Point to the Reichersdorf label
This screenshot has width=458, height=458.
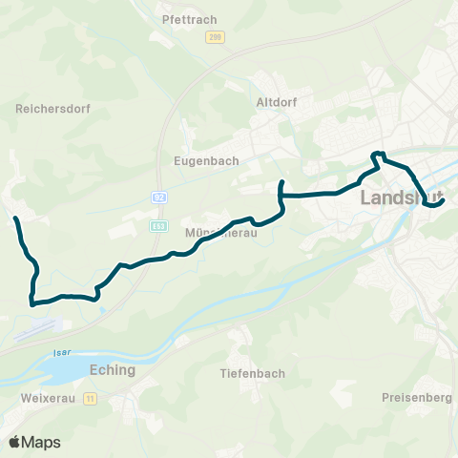pyautogui.click(x=53, y=109)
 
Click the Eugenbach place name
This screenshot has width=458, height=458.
pyautogui.click(x=198, y=161)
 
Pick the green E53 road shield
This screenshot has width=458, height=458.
pyautogui.click(x=158, y=226)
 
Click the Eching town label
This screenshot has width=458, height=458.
pyautogui.click(x=112, y=370)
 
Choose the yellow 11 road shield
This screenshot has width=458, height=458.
pyautogui.click(x=91, y=398)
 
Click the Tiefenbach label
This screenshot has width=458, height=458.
pyautogui.click(x=252, y=373)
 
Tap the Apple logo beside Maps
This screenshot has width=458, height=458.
pyautogui.click(x=14, y=442)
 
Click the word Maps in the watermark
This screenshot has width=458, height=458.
pyautogui.click(x=41, y=442)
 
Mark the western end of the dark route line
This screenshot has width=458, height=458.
pyautogui.click(x=15, y=219)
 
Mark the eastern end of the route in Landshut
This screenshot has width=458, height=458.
pyautogui.click(x=445, y=199)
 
